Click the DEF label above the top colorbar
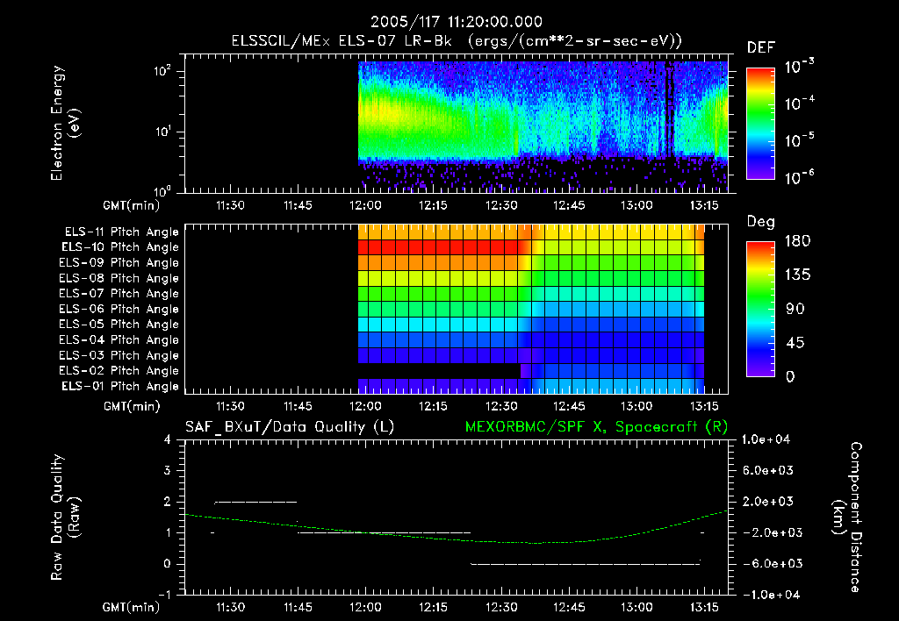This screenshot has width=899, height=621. (x=760, y=47)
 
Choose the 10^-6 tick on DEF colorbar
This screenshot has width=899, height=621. (x=802, y=178)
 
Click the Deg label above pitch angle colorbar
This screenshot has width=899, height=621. (x=760, y=222)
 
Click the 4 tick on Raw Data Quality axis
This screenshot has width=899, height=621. (x=168, y=439)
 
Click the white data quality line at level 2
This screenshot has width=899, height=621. (x=255, y=502)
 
